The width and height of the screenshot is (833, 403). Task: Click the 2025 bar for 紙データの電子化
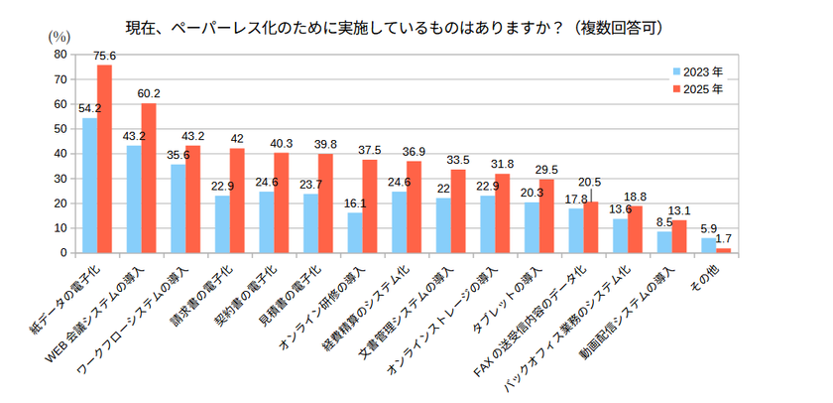click(104, 159)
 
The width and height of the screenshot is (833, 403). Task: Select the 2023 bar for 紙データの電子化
click(89, 186)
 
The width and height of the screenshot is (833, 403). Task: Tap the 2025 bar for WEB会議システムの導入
click(149, 178)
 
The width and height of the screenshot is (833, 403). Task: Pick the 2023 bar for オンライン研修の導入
click(355, 233)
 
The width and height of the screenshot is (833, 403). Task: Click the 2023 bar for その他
click(708, 245)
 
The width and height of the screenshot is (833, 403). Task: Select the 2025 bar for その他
click(723, 250)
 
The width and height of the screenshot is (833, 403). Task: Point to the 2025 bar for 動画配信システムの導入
click(679, 236)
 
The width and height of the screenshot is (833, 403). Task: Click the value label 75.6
click(105, 56)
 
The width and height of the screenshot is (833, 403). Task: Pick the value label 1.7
click(725, 239)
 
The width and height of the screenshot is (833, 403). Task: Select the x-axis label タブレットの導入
click(515, 299)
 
